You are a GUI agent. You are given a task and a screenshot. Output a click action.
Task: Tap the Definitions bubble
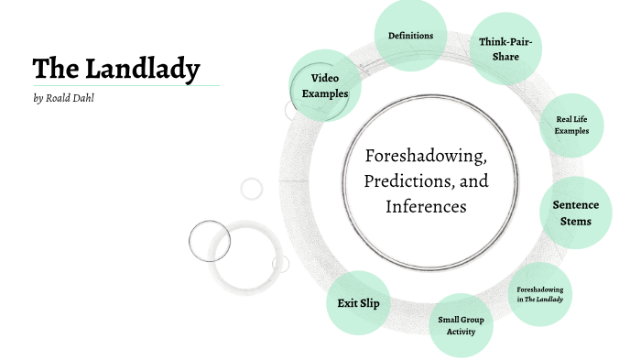(410, 36)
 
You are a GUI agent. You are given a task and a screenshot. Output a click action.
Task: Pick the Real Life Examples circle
(570, 125)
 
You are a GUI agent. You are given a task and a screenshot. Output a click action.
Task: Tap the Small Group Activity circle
(461, 325)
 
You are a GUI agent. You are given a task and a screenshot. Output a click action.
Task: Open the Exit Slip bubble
(358, 303)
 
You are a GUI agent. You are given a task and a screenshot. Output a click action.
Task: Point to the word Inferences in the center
(426, 206)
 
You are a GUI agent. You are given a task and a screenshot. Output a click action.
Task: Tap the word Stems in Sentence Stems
(577, 222)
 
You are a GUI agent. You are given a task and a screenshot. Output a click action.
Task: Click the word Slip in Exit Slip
(370, 303)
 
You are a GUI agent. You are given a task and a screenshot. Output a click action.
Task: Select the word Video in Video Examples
(325, 78)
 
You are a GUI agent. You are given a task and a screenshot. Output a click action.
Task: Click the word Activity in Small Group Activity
(461, 332)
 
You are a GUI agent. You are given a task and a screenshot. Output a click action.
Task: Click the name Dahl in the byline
(82, 97)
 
